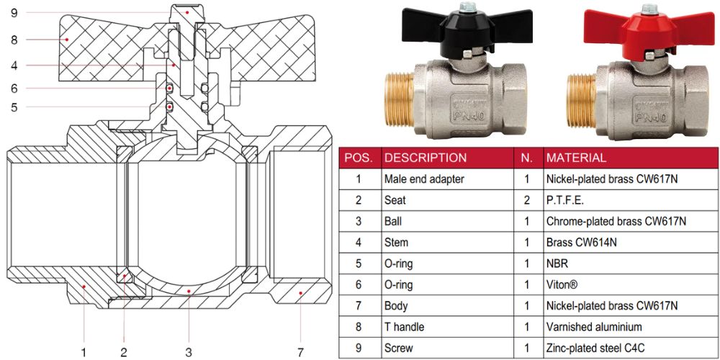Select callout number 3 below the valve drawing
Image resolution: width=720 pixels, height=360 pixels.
point(189,352)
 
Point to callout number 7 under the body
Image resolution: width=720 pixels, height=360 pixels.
point(300,352)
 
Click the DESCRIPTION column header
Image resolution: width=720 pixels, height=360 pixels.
point(426,158)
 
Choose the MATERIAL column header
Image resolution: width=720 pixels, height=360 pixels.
point(576,158)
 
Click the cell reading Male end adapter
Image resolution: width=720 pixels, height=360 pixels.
point(424,179)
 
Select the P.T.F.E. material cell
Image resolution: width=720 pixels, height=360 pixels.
point(566,200)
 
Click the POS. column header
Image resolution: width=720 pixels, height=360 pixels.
point(359,158)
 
